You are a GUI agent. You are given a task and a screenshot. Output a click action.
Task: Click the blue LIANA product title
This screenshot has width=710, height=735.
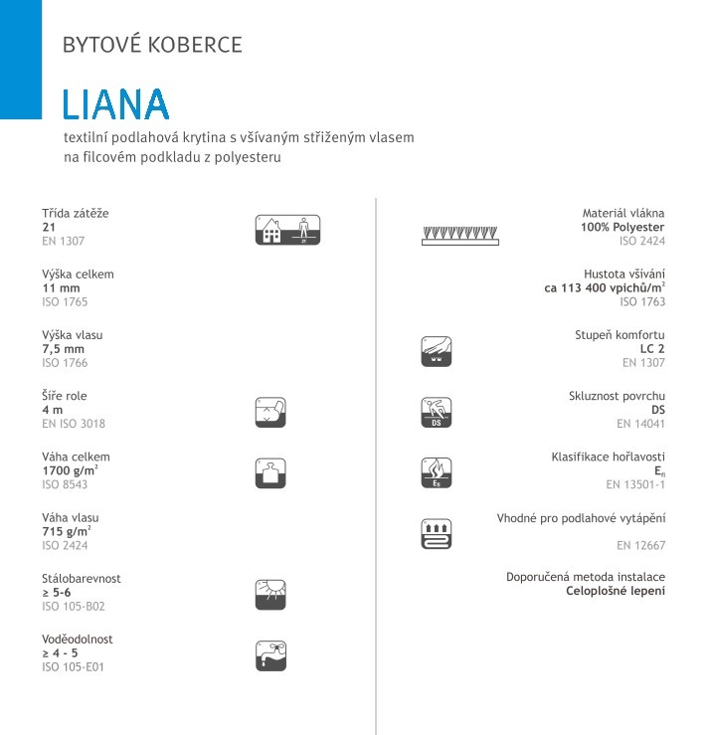click(x=115, y=104)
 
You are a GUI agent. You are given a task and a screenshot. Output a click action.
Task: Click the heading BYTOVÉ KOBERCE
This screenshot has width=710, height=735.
click(x=152, y=45)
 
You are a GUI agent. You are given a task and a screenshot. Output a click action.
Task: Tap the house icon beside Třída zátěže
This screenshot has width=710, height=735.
click(x=289, y=230)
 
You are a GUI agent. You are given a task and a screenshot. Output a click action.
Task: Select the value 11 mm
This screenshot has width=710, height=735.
click(x=61, y=287)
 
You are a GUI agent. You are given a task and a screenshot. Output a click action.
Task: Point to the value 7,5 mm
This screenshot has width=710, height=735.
click(x=64, y=349)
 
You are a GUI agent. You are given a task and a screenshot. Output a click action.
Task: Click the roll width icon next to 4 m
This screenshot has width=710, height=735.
click(x=270, y=410)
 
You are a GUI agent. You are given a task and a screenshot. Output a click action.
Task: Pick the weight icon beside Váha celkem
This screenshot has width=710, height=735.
click(x=270, y=471)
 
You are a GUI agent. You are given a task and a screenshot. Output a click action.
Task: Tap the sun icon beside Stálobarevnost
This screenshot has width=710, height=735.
click(x=270, y=593)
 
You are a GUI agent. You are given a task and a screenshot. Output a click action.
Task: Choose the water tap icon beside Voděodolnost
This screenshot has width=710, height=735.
click(x=270, y=653)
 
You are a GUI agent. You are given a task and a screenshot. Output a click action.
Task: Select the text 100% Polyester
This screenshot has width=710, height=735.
click(x=622, y=227)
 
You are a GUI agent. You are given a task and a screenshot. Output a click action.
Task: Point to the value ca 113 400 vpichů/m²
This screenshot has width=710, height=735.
click(x=605, y=288)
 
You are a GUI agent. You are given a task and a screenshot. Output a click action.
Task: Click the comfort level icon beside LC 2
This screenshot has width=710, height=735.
click(x=437, y=349)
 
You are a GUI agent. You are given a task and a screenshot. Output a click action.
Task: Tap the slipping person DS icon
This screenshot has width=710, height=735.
click(x=437, y=411)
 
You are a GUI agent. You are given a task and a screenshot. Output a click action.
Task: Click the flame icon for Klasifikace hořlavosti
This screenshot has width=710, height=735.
click(x=437, y=471)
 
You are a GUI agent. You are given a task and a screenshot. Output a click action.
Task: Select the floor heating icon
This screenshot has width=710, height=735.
click(x=437, y=533)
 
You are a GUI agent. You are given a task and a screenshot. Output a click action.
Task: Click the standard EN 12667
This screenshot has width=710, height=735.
click(x=640, y=546)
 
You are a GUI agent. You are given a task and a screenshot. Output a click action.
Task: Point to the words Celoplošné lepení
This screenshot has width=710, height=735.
click(x=616, y=592)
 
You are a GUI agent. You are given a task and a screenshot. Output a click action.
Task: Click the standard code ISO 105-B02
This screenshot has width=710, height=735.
click(x=73, y=606)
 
